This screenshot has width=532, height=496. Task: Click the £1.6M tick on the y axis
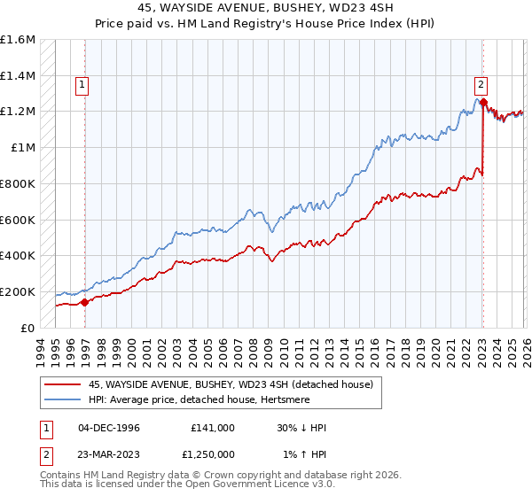click(x=18, y=40)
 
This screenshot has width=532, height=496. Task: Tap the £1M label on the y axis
click(x=23, y=148)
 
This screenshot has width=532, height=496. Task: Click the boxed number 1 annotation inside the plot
click(x=82, y=86)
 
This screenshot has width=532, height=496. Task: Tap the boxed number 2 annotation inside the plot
click(x=481, y=86)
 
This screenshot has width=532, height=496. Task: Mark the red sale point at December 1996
click(x=85, y=302)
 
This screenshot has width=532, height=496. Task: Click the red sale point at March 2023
click(x=483, y=103)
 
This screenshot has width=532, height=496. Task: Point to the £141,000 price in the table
click(x=213, y=428)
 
